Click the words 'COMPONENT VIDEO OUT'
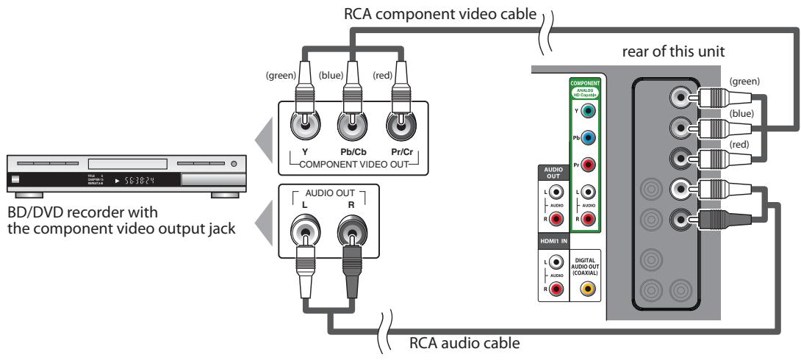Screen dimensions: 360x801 (351, 163)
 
